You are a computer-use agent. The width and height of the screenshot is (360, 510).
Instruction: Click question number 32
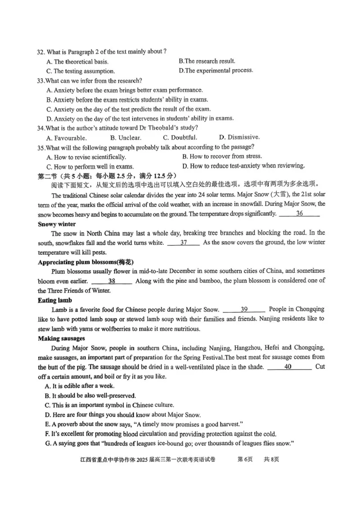41,52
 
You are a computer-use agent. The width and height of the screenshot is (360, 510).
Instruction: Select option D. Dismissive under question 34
239,137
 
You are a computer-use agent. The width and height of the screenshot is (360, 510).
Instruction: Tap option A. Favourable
67,138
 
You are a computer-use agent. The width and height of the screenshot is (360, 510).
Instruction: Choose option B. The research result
207,61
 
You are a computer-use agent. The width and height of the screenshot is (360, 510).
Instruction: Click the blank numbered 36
299,214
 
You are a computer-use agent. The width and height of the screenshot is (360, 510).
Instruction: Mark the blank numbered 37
184,243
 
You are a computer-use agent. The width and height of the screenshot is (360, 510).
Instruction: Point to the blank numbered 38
112,281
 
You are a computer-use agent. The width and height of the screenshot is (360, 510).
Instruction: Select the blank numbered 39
244,309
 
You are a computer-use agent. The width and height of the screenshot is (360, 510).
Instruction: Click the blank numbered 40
288,367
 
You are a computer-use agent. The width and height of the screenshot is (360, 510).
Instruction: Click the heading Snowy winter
57,224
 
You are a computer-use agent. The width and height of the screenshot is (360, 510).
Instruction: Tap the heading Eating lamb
55,300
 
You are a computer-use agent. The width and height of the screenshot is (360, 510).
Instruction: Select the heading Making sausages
62,338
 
